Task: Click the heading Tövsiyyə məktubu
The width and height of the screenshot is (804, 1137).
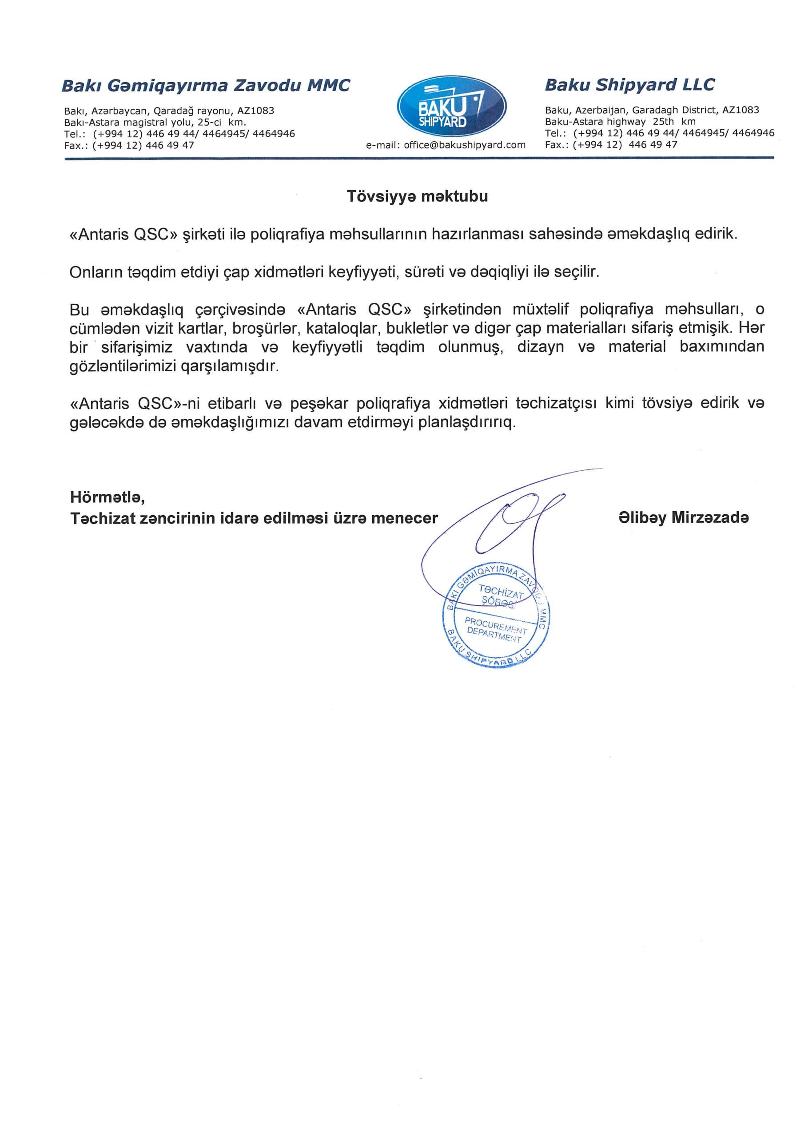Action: click(417, 197)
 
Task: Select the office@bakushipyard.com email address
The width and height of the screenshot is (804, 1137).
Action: click(464, 145)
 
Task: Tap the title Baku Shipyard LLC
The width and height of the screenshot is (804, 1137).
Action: click(629, 85)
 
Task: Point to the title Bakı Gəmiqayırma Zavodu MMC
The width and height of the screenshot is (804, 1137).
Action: click(206, 86)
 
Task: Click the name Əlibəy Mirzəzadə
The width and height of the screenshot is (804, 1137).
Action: click(684, 518)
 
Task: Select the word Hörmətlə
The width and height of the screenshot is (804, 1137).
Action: click(107, 497)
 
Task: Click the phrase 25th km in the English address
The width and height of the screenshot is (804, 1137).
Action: click(674, 122)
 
